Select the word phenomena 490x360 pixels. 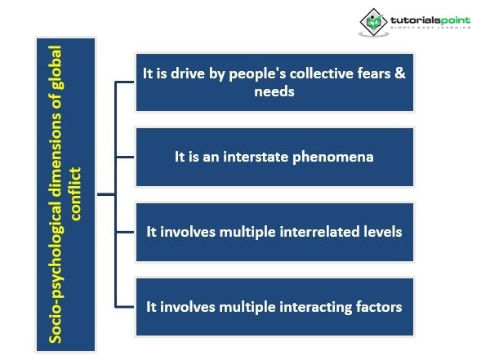click(x=322, y=156)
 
